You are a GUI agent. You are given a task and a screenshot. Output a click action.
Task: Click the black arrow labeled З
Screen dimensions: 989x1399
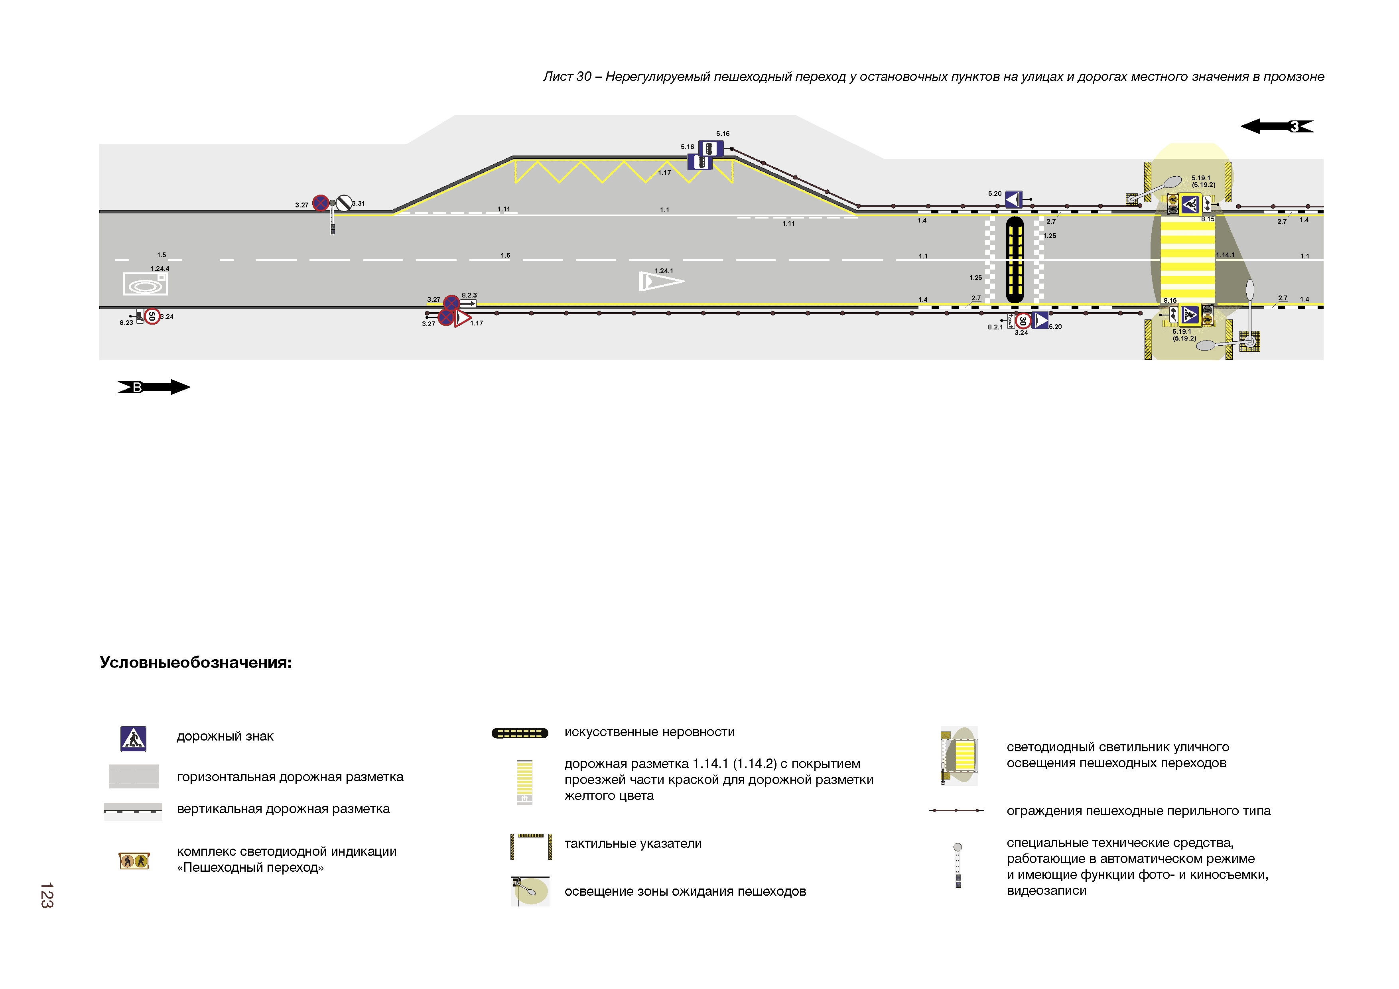[x=1277, y=126]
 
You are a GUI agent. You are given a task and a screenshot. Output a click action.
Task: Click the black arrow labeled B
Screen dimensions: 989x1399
[x=154, y=387]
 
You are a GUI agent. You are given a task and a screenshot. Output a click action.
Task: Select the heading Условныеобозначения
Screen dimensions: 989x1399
[x=195, y=662]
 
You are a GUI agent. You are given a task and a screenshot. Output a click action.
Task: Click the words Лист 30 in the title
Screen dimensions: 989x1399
[x=567, y=77]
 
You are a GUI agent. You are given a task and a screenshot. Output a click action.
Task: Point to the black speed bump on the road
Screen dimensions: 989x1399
[x=1015, y=260]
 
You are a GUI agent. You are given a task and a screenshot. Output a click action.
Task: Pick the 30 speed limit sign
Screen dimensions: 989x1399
[x=1023, y=321]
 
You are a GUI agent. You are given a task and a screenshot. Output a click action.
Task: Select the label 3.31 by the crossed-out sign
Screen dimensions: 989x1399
[x=359, y=203]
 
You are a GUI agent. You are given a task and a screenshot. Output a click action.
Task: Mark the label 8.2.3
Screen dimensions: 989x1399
[x=469, y=295]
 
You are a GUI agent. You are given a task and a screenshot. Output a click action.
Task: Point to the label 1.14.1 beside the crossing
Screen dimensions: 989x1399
[x=1225, y=255]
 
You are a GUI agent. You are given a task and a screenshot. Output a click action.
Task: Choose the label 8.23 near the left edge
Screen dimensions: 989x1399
[x=126, y=323]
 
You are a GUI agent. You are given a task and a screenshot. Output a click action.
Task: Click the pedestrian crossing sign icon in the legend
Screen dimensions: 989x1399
[x=134, y=739]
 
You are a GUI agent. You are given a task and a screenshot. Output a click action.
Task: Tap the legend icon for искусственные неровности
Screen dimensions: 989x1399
[x=520, y=733]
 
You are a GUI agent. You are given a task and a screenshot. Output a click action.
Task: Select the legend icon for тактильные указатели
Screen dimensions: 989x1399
[x=531, y=846]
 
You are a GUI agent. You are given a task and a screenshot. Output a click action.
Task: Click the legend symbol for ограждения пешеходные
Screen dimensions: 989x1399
[x=956, y=810]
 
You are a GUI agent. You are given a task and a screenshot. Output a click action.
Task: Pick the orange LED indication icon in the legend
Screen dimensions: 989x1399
[x=134, y=861]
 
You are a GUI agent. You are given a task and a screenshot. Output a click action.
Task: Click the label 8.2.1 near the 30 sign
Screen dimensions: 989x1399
[x=995, y=327]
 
